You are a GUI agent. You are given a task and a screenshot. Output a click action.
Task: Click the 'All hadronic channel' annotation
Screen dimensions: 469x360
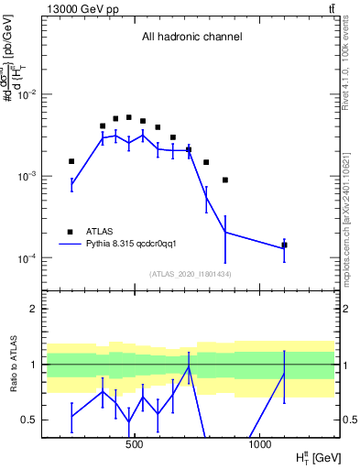click(191, 38)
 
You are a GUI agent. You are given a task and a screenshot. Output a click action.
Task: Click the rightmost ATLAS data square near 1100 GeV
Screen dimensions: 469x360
click(284, 245)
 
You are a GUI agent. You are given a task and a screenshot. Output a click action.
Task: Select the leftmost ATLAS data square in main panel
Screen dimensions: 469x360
click(71, 161)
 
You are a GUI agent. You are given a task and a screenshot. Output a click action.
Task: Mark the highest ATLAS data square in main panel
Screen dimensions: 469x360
click(129, 117)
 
